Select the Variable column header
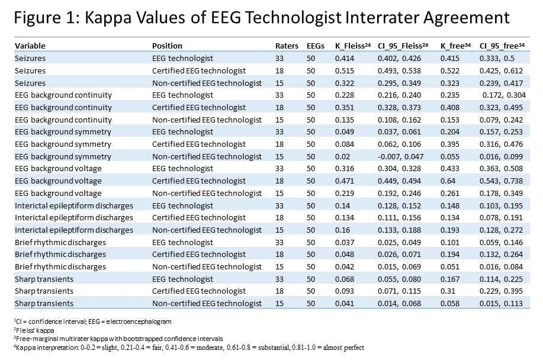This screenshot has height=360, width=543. pyautogui.click(x=30, y=46)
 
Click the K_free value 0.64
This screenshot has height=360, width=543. pyautogui.click(x=448, y=181)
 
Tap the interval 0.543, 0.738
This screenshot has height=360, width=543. pyautogui.click(x=502, y=181)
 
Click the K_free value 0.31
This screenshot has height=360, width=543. pyautogui.click(x=448, y=291)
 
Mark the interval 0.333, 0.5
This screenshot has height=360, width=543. pyautogui.click(x=497, y=58)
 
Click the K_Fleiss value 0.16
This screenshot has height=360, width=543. pyautogui.click(x=342, y=230)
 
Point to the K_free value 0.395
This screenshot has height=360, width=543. pyautogui.click(x=450, y=144)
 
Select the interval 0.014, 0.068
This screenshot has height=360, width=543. pyautogui.click(x=400, y=304)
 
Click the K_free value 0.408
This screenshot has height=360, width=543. pyautogui.click(x=450, y=107)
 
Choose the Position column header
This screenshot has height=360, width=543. pyautogui.click(x=168, y=46)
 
